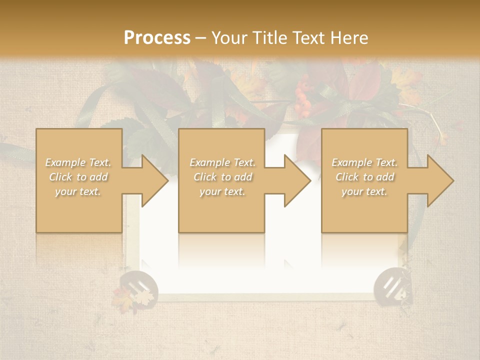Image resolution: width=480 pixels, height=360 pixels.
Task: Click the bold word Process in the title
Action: pyautogui.click(x=157, y=37)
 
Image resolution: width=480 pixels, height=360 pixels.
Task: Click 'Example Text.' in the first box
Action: pyautogui.click(x=78, y=162)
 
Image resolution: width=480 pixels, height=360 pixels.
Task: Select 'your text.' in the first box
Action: pyautogui.click(x=78, y=191)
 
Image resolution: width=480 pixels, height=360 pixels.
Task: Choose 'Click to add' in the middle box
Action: pyautogui.click(x=222, y=177)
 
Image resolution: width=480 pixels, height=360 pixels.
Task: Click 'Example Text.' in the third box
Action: pyautogui.click(x=364, y=162)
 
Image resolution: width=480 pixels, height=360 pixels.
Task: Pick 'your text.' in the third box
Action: pyautogui.click(x=364, y=191)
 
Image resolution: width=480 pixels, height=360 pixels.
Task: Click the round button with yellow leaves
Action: pyautogui.click(x=137, y=289)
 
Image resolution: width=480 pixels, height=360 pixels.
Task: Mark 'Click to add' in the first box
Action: pyautogui.click(x=78, y=177)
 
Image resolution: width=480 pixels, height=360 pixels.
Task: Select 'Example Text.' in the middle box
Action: pyautogui.click(x=222, y=162)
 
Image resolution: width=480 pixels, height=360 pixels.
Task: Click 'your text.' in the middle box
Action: pyautogui.click(x=222, y=191)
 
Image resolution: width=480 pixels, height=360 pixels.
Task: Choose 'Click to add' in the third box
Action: pyautogui.click(x=364, y=177)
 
